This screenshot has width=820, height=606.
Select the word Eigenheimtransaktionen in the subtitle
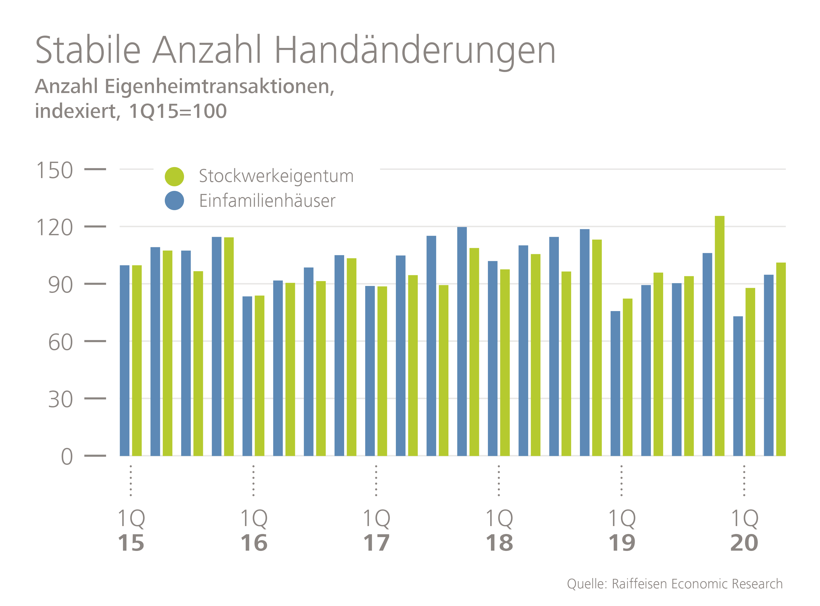[x=219, y=87]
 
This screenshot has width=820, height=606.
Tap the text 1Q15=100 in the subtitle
[x=178, y=111]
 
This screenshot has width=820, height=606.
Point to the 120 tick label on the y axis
[x=55, y=228]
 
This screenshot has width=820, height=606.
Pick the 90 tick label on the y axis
[x=60, y=285]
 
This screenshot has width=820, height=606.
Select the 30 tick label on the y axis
[x=60, y=399]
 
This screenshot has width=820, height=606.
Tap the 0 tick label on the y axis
[x=67, y=457]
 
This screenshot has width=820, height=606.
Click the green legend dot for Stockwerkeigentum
[x=174, y=177]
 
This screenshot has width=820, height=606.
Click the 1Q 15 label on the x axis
[x=131, y=530]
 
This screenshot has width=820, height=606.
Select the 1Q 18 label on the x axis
[x=499, y=530]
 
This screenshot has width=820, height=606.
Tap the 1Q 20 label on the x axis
[x=744, y=530]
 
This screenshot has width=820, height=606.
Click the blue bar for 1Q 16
[x=247, y=376]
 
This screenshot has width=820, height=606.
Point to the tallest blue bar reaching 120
[x=462, y=341]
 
